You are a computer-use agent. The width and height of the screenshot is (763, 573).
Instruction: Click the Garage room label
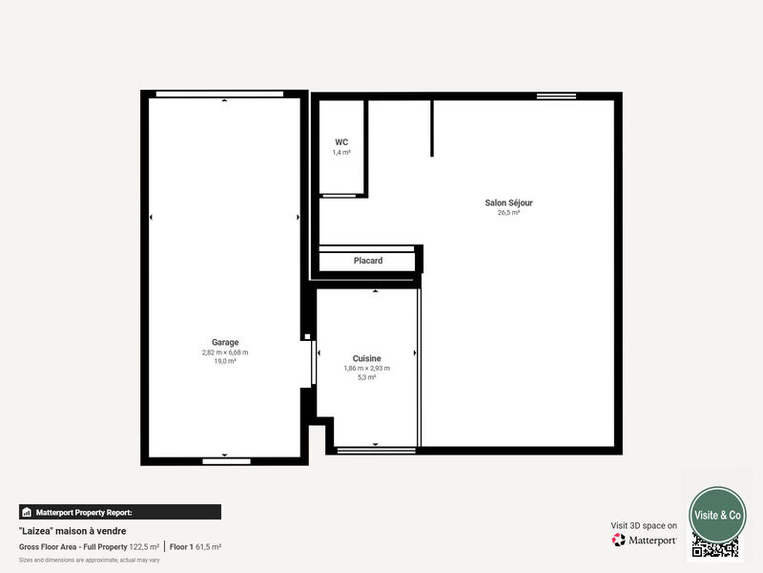coord(225,342)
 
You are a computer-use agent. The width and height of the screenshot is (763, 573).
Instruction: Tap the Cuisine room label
coord(366,358)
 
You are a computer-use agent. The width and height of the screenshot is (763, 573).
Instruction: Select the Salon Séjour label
coord(508,202)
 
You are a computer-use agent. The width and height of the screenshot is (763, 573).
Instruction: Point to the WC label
coord(341,142)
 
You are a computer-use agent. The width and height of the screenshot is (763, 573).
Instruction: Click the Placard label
coord(368,261)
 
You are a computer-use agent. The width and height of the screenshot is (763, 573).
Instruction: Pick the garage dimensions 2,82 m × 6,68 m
coord(225,352)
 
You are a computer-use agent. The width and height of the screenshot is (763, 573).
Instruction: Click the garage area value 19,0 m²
coord(225,361)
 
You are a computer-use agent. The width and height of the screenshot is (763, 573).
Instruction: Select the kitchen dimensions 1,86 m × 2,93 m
coord(366,368)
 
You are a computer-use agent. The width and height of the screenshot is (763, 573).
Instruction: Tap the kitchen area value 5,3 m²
coord(366,377)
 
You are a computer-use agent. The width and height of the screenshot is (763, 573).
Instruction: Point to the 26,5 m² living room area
coord(508,213)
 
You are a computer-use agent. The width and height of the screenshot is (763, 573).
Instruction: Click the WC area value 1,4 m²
coord(341,152)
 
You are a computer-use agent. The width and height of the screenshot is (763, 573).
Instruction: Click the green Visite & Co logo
coord(717,515)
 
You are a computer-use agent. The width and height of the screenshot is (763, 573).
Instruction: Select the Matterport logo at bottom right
coord(645,540)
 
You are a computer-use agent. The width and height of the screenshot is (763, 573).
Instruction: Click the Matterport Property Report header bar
coord(120,512)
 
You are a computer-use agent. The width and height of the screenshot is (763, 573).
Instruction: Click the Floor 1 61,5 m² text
coord(196,546)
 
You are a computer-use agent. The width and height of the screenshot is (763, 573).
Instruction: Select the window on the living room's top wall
coord(555,96)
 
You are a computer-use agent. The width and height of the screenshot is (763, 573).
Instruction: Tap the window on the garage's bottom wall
coord(226,461)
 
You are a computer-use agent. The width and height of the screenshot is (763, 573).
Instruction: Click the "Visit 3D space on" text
coord(644,525)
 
